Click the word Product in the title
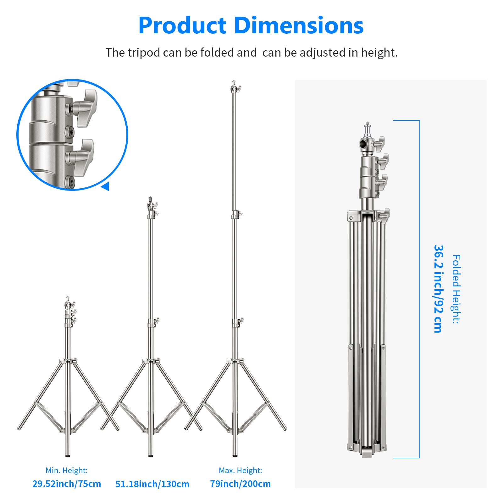coord(182,26)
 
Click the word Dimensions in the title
coord(299,26)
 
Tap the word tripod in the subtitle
coord(144,53)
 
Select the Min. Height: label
coord(66,470)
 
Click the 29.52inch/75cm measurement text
coord(67,484)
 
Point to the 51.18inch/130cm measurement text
coord(152,484)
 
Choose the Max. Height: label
coord(240,470)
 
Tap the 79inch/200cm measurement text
coord(240,484)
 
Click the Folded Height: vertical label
coord(456,289)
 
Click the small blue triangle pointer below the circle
coord(106,186)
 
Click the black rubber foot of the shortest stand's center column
coord(68,455)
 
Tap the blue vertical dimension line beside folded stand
coord(419,289)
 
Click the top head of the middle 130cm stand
coord(151,204)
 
